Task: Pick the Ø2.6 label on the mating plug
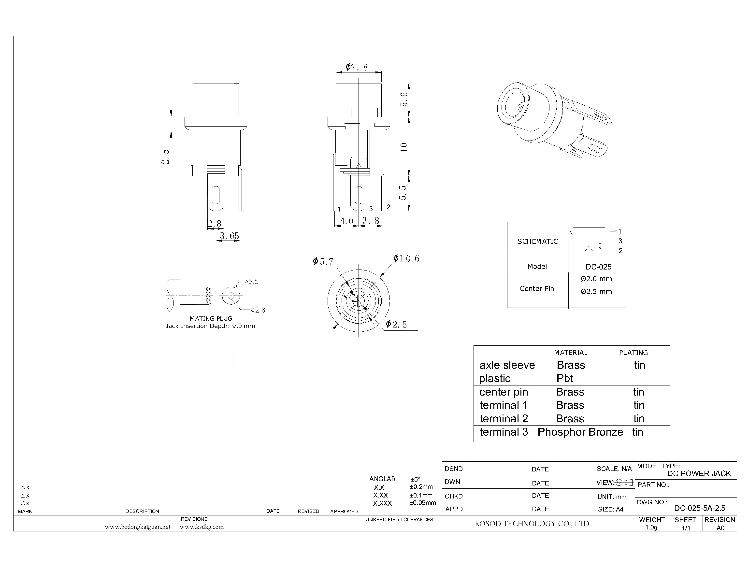pos(258,310)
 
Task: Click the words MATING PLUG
pos(211,318)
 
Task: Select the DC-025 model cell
pos(598,267)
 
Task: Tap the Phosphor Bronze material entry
pos(580,432)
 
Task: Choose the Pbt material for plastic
pos(565,378)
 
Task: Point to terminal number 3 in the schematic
pos(620,241)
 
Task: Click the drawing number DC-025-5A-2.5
pos(700,508)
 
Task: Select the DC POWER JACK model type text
pos(699,473)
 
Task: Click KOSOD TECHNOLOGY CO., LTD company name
pos(532,524)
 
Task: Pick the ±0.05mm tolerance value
pos(422,503)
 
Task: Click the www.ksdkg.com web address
pos(202,527)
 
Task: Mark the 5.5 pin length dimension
pos(403,192)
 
